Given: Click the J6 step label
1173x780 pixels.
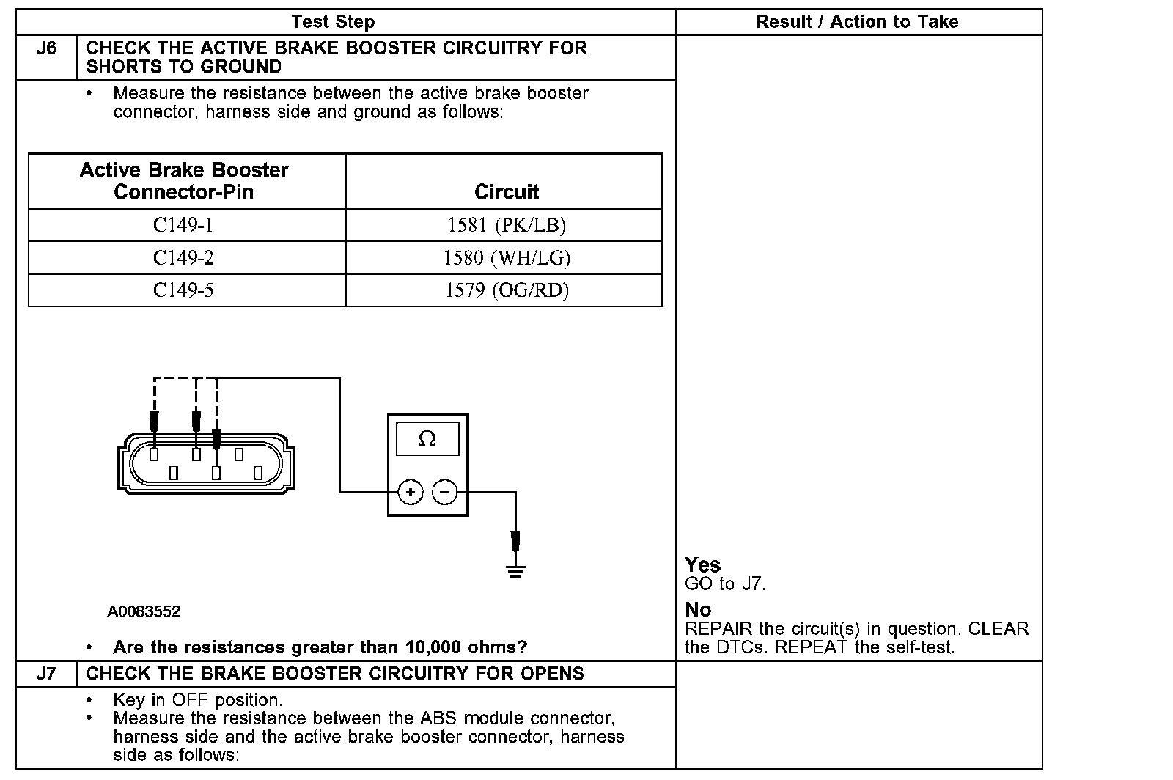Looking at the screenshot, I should pos(46,48).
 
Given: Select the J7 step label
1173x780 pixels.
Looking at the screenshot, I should pos(46,674).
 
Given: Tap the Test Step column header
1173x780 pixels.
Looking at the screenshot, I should pos(333,22).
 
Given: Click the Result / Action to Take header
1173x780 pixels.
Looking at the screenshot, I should pos(857,22).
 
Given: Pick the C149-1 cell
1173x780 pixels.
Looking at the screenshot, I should pos(183,225).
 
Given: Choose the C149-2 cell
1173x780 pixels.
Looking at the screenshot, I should pos(183,258).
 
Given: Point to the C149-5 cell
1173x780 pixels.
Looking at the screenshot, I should pos(183,290).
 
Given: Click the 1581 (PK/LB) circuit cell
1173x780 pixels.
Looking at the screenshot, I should pos(507,225).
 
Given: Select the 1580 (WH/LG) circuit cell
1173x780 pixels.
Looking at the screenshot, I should pos(507,258).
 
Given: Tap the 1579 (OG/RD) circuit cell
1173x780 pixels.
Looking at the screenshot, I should pos(507,290).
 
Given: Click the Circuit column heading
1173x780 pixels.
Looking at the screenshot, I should pos(507,192).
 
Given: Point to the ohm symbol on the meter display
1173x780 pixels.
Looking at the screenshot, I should pos(427,439).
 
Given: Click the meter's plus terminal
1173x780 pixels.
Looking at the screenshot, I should pos(411,492).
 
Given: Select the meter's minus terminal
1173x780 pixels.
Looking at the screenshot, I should pos(445,492).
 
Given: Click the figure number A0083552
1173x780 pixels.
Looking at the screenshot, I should pos(144,611).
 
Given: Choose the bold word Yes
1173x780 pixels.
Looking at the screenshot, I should pos(702,565).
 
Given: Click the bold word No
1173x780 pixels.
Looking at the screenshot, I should pos(698,610).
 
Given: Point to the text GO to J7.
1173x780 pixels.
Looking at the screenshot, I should pos(725,584).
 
